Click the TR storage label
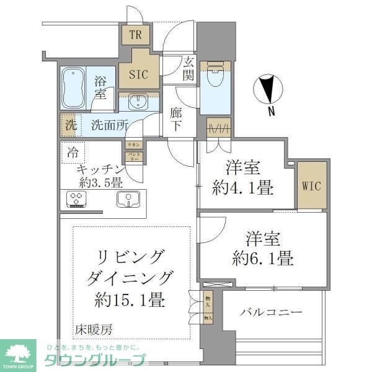(x=136, y=35)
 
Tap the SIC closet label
(x=138, y=74)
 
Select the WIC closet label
(x=311, y=186)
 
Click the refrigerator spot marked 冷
(x=72, y=152)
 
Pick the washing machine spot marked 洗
(x=70, y=124)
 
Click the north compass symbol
(x=268, y=89)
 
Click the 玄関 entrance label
(x=188, y=68)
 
